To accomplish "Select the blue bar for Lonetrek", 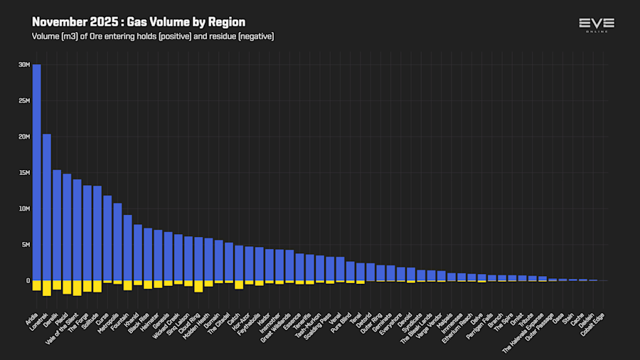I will [x=47, y=207].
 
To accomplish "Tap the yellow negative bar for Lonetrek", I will [x=47, y=287].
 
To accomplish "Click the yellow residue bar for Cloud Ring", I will [x=198, y=286].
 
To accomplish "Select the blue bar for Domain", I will [x=218, y=260].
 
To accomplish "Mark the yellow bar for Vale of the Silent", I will [x=77, y=287].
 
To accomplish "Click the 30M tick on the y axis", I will [x=24, y=65].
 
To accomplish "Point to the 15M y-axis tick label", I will [x=24, y=173].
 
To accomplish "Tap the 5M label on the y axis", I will [x=26, y=245].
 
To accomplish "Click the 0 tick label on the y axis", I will [x=27, y=281].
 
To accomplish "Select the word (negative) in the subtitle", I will [x=255, y=36].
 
